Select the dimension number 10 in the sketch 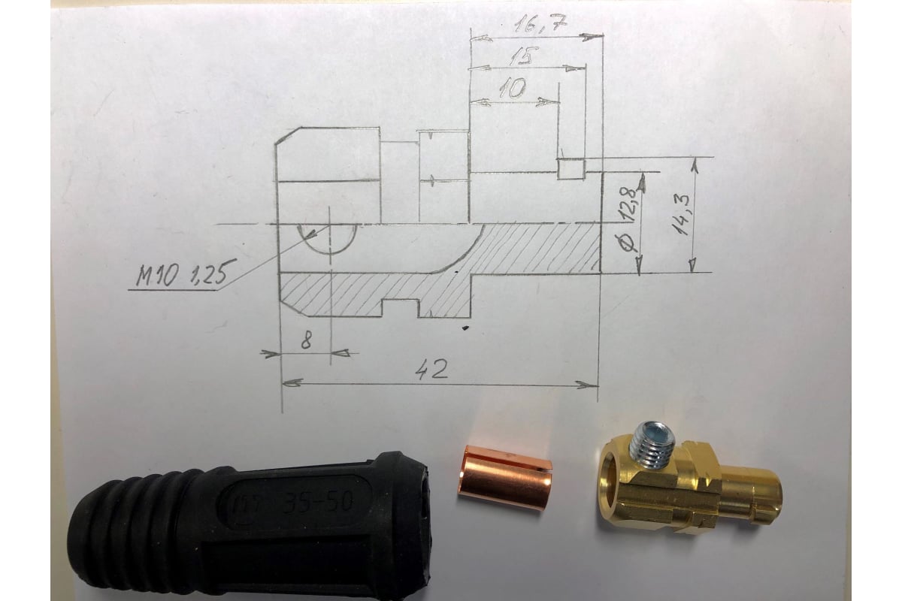(x=513, y=88)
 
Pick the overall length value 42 (x=432, y=369)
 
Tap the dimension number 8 (x=307, y=341)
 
